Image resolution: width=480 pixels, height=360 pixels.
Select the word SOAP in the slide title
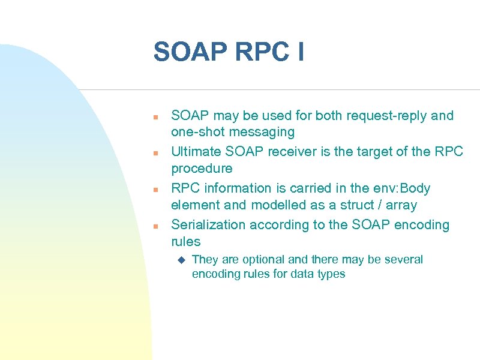coord(191,52)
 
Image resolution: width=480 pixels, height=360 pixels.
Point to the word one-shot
coord(197,132)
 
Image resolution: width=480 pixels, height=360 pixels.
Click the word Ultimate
coord(196,151)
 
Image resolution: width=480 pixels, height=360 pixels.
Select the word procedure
coord(202,168)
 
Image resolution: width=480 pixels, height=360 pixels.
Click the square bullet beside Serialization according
coord(155,226)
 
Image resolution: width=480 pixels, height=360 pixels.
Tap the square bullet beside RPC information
coord(155,190)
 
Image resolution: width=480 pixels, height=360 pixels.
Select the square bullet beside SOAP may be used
coord(155,116)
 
